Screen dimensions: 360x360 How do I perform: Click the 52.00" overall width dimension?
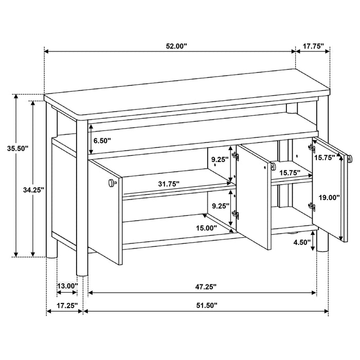coord(176,46)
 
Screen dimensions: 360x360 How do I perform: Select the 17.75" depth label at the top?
coord(313,46)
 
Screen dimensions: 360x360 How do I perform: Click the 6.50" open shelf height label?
coord(100,140)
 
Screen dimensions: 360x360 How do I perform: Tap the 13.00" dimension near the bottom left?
coord(67,286)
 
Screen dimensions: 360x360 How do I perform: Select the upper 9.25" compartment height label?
coord(220,159)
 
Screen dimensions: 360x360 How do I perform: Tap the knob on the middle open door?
coord(271,167)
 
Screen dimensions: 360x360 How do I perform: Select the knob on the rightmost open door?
coord(349,159)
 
